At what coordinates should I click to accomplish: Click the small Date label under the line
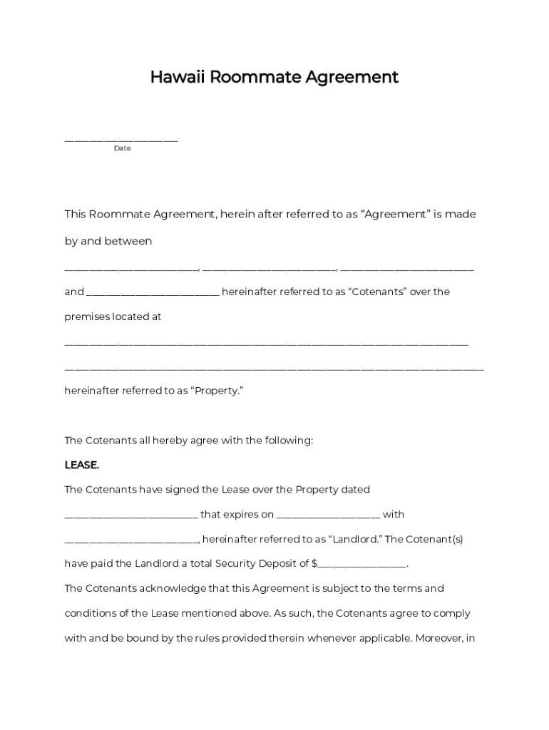[122, 148]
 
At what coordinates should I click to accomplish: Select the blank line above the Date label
[121, 140]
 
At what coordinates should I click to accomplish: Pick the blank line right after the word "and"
[153, 292]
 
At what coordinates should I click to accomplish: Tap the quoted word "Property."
[217, 391]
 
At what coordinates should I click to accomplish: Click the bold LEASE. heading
[82, 466]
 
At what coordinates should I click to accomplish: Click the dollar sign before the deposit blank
[314, 564]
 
